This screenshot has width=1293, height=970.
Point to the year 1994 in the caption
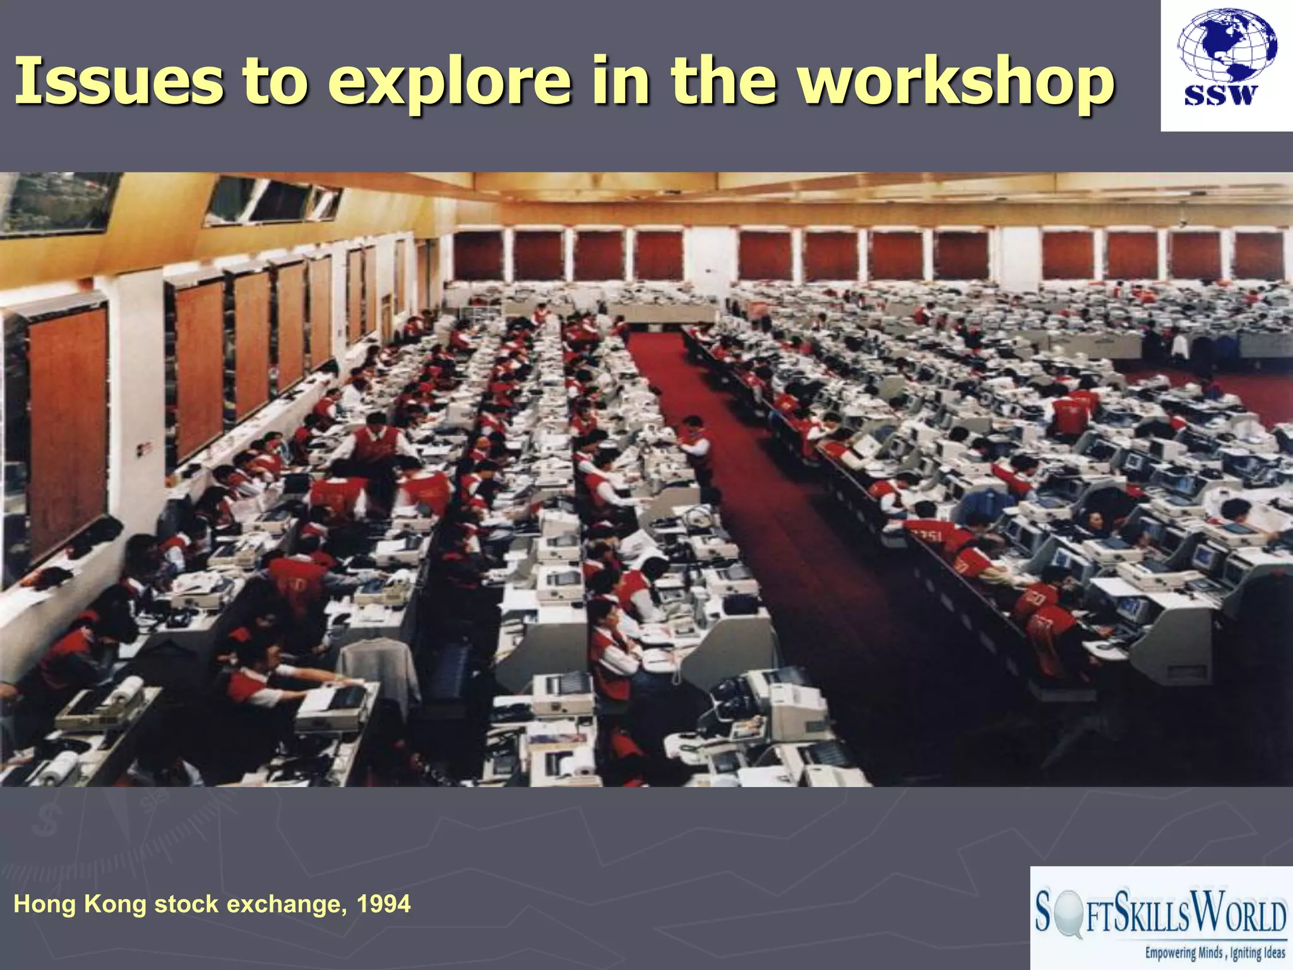click(x=383, y=904)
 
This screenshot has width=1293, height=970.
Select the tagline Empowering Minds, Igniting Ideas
click(x=1215, y=952)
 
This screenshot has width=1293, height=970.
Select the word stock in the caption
click(x=188, y=904)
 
